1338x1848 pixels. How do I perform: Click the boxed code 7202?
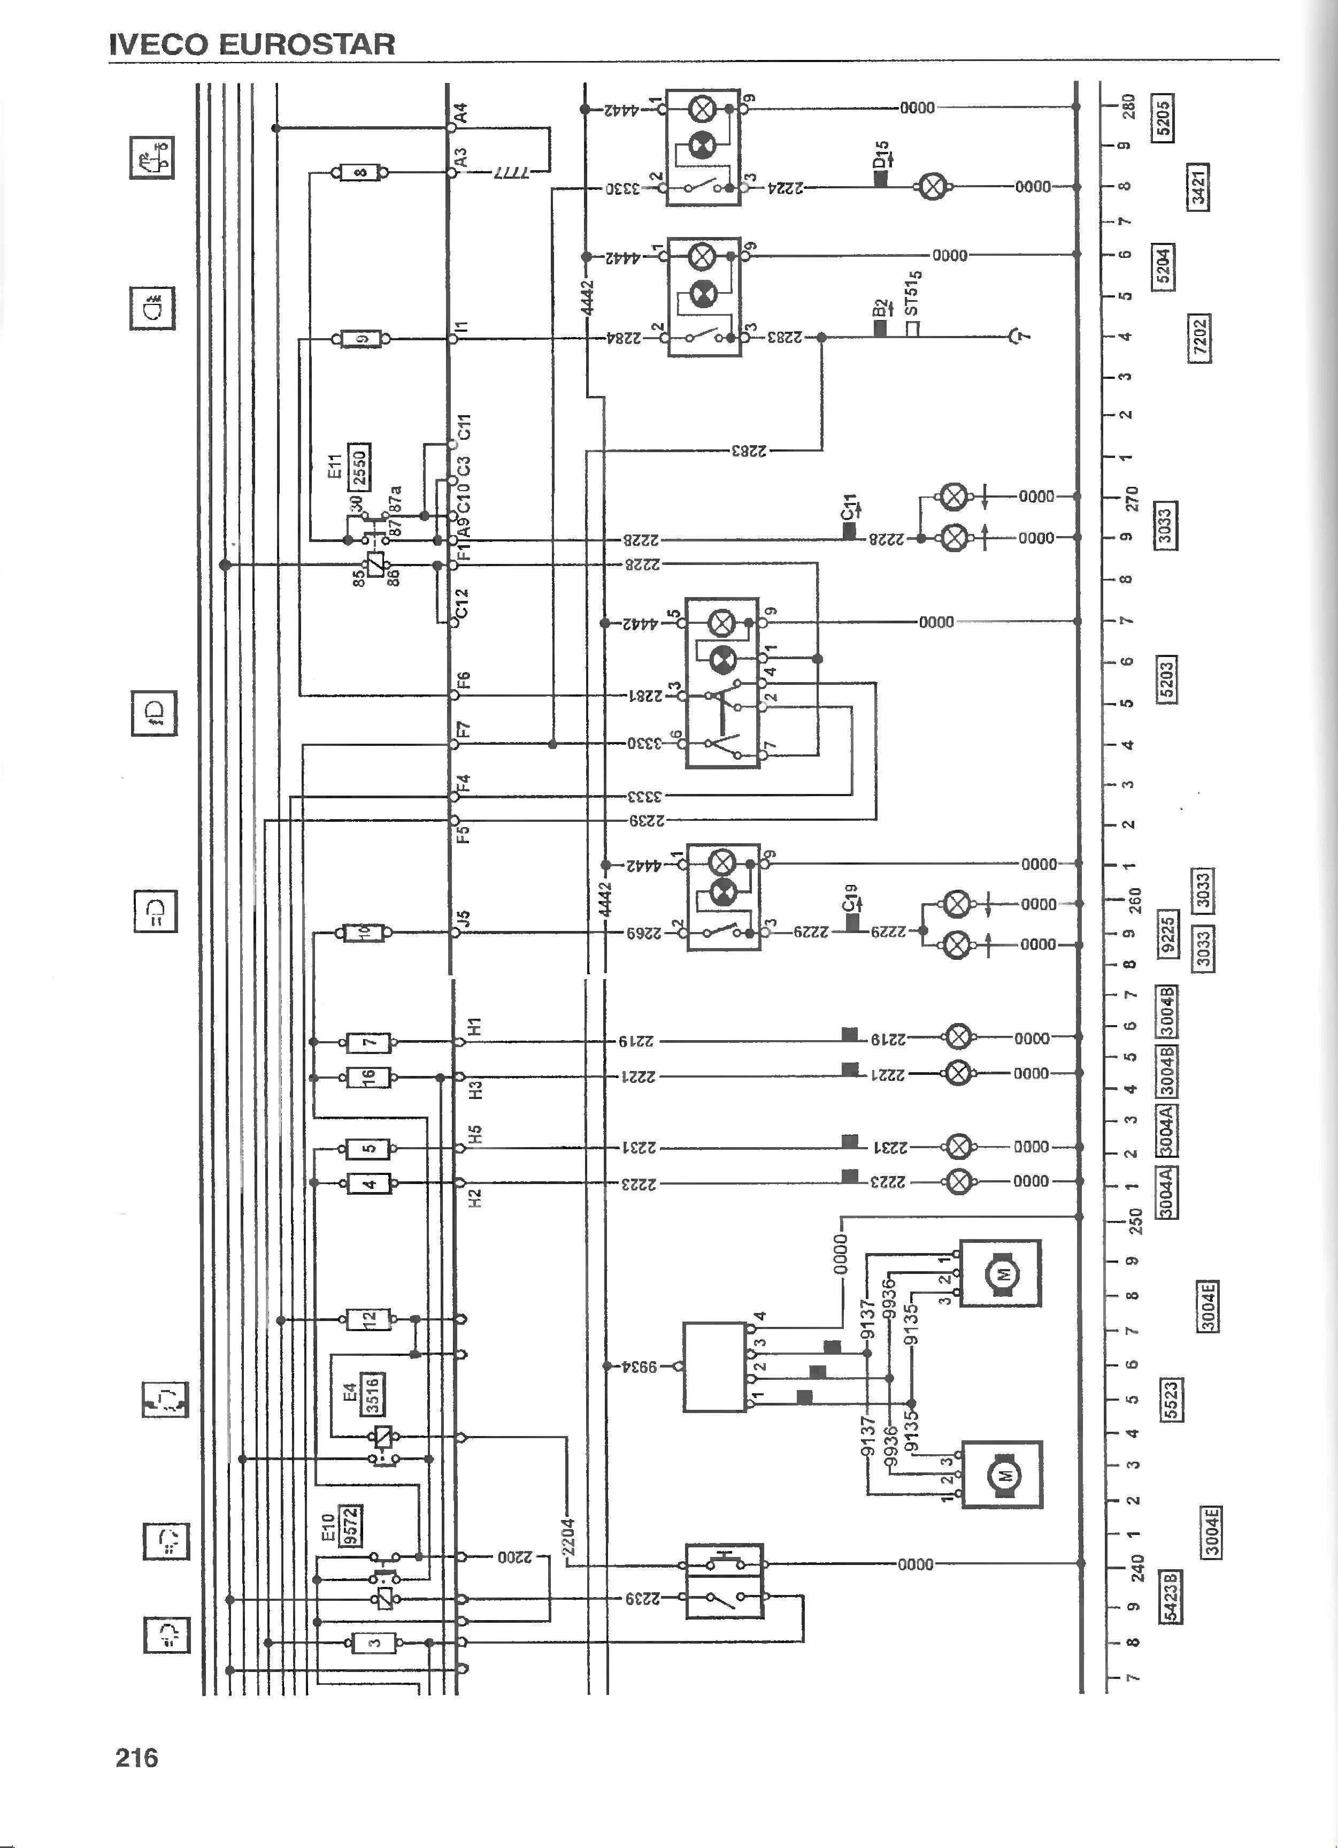1199,337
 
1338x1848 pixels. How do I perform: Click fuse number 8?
359,173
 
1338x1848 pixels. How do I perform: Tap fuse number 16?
369,1077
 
